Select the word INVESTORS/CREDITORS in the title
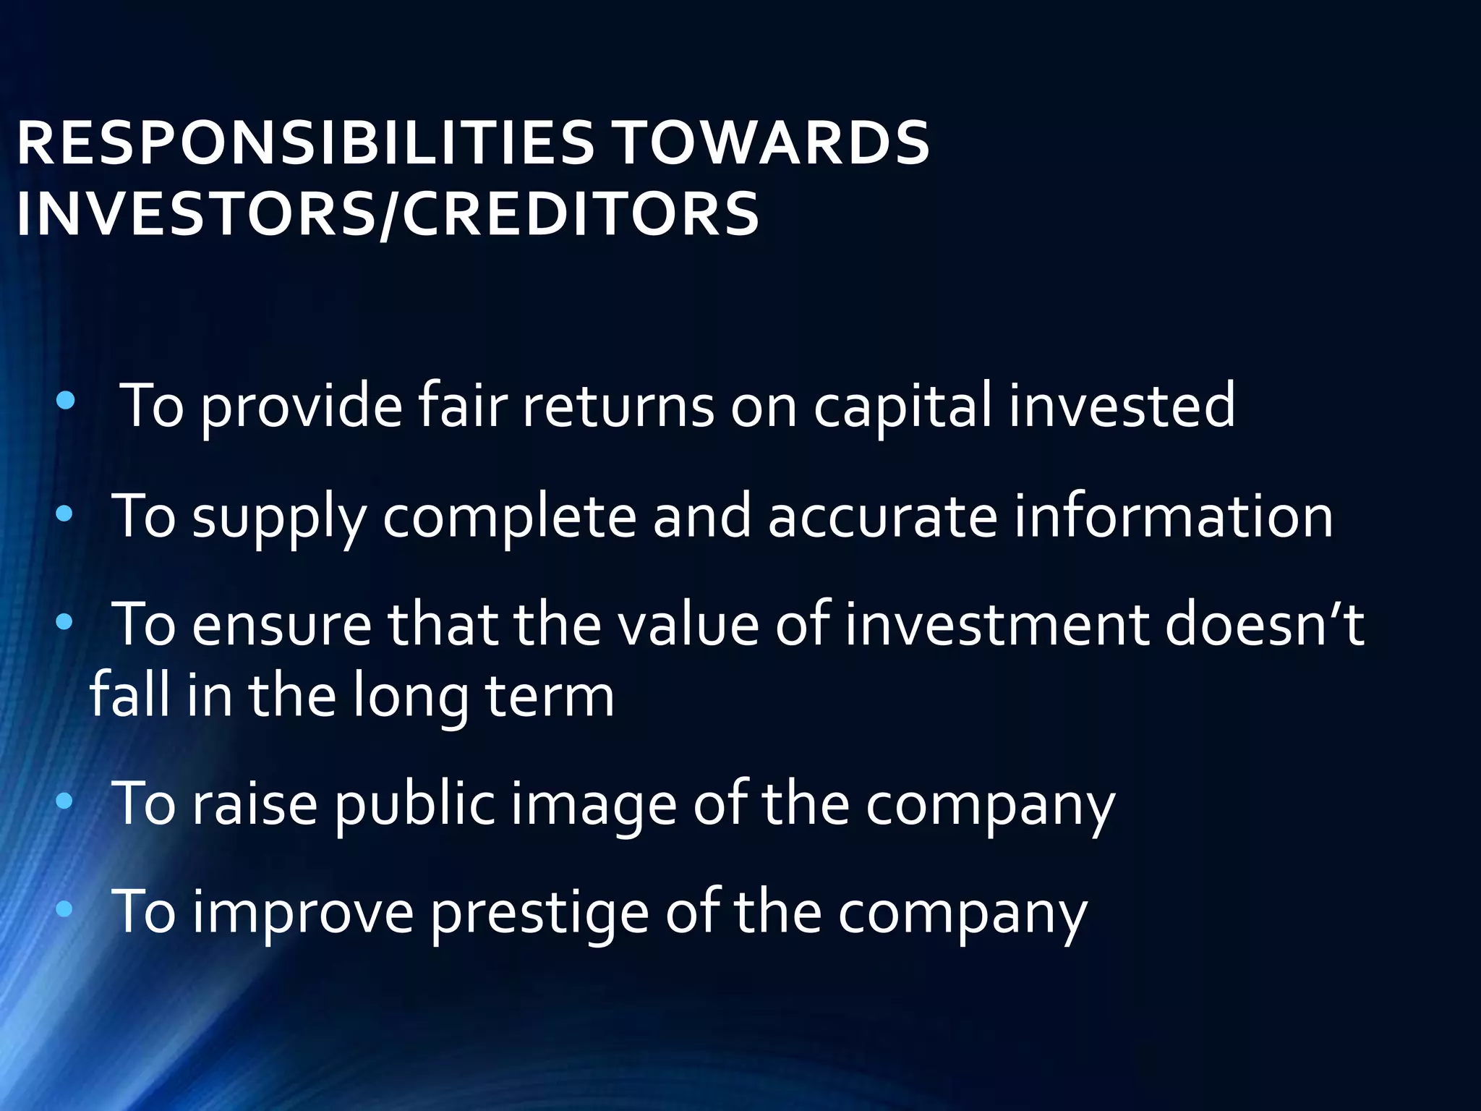388,214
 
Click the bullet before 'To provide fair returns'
65,401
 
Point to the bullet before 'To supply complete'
64,514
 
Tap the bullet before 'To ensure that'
64,621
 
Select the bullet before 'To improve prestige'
64,909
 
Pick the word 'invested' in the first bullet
1122,406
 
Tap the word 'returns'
618,406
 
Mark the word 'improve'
303,913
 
